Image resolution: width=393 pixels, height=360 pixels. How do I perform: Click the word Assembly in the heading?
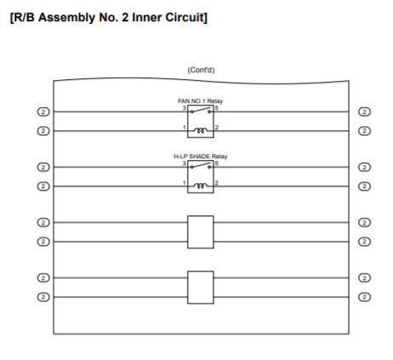[x=66, y=18]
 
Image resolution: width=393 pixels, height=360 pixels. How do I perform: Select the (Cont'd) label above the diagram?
[x=201, y=70]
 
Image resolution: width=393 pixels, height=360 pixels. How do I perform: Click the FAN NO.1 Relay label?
[x=200, y=101]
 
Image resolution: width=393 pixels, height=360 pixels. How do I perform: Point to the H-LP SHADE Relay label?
[x=200, y=157]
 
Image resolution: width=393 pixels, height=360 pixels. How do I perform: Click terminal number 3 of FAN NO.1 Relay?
[x=185, y=108]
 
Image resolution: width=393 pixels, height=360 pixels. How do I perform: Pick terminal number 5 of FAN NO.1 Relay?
[x=217, y=108]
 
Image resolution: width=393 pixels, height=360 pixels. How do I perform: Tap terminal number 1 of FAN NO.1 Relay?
[x=185, y=128]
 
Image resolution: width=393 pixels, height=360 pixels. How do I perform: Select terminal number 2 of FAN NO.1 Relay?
[x=217, y=128]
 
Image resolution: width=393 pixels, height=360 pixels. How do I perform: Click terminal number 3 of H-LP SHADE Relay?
[x=185, y=163]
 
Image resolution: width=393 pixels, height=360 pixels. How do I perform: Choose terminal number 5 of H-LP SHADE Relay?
[x=217, y=163]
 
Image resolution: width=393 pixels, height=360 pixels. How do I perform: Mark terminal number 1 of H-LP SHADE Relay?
[x=185, y=183]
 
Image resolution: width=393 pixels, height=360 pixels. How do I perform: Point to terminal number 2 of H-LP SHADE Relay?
[x=217, y=183]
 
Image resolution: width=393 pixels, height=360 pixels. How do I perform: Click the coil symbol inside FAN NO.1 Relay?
[x=201, y=130]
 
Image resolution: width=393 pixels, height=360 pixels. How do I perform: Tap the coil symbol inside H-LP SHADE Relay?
[x=201, y=186]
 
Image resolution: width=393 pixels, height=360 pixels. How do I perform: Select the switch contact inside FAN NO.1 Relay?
[x=201, y=110]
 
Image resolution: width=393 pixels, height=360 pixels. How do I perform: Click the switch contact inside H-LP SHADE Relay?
[x=201, y=165]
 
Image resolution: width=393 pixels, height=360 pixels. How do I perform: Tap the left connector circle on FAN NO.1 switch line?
[x=43, y=111]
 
